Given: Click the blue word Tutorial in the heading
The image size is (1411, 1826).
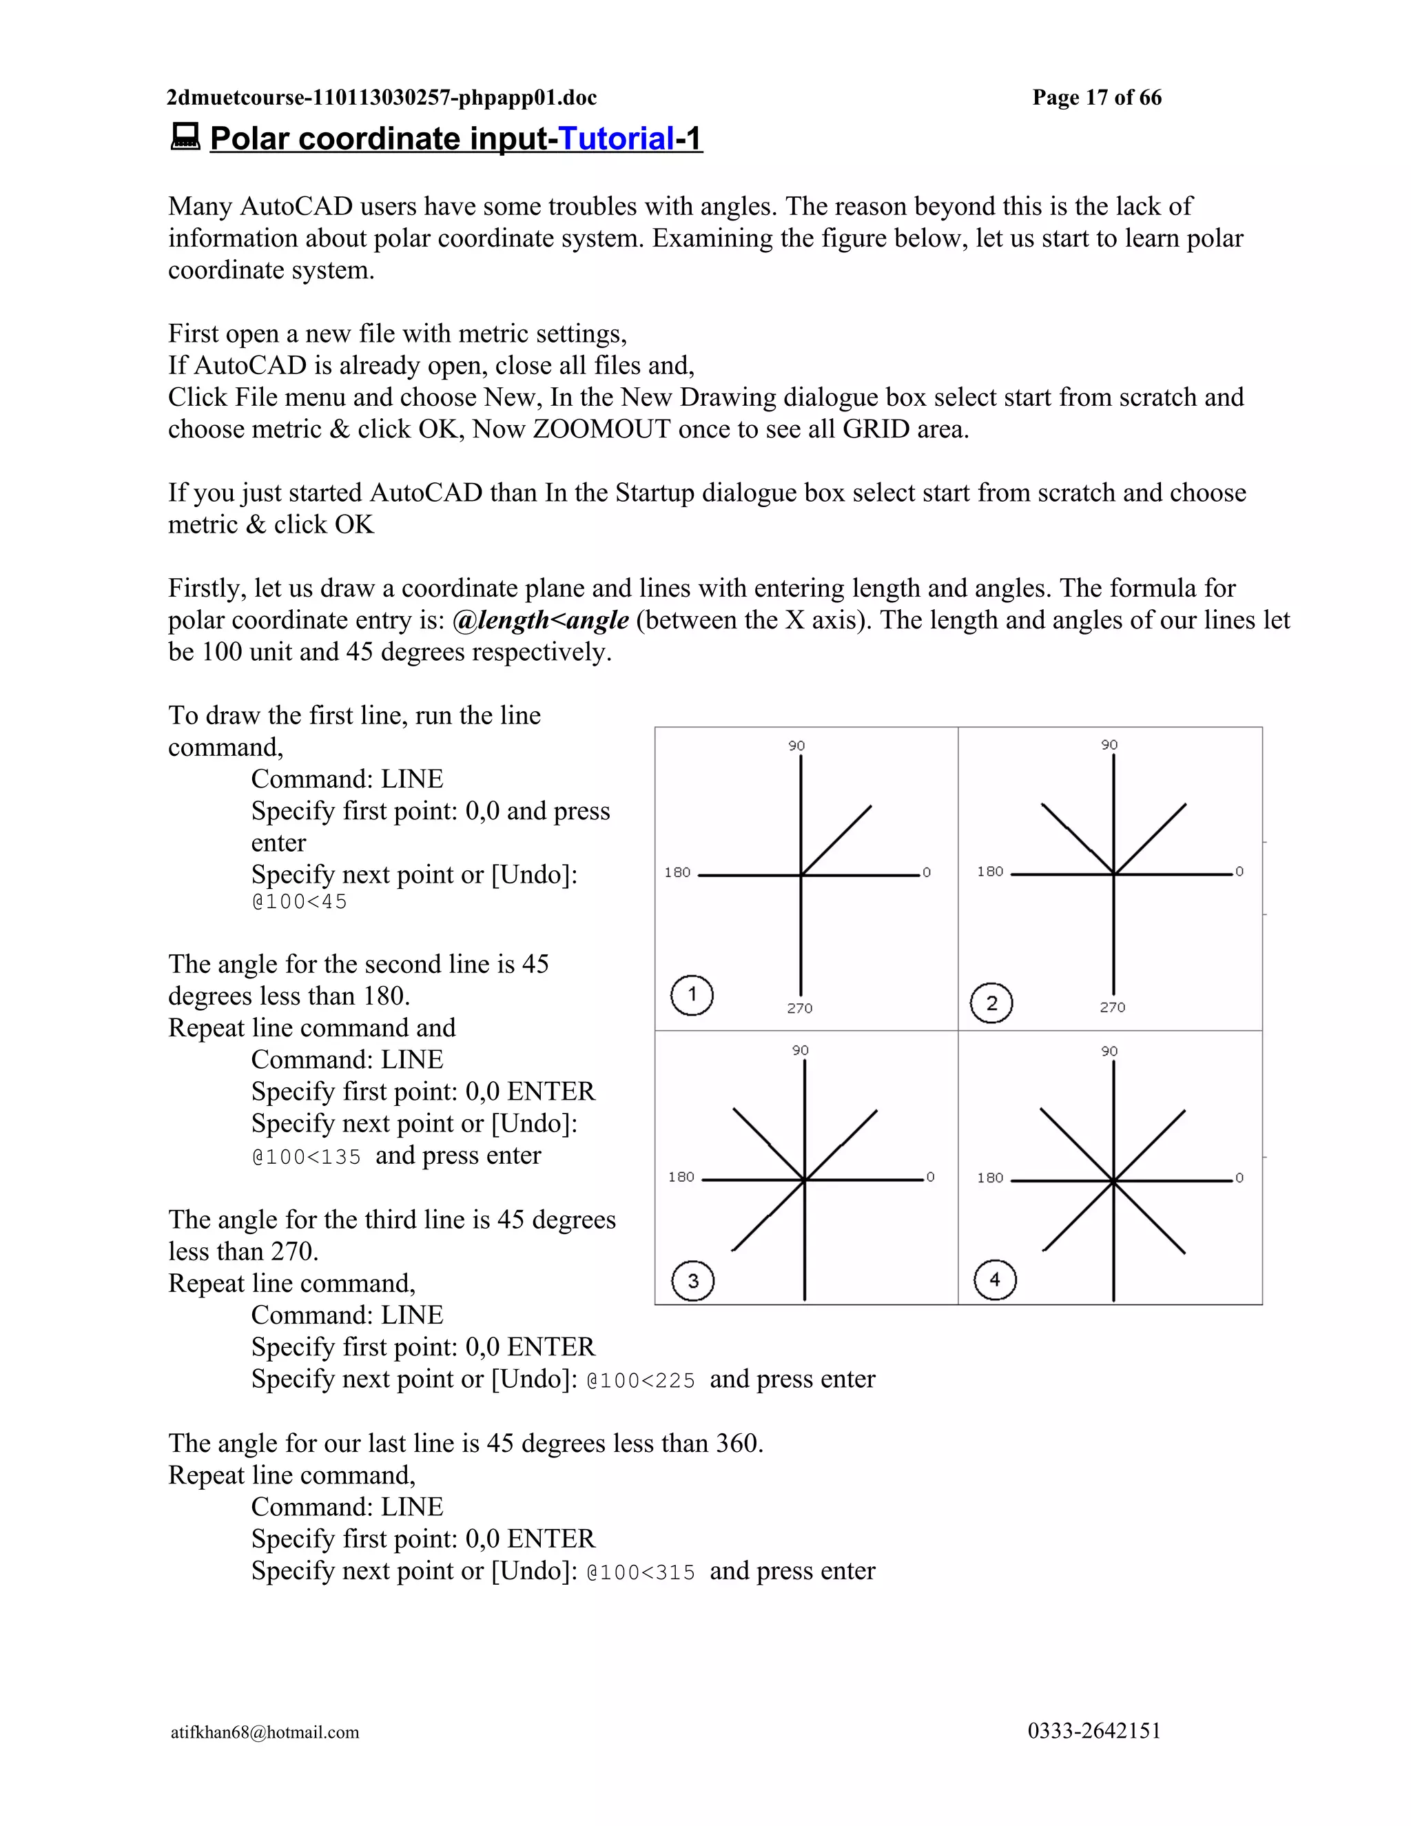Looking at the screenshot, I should click(x=616, y=139).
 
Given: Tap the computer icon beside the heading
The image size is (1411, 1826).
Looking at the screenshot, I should click(x=185, y=136).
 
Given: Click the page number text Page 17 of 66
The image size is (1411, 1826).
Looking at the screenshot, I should click(x=1097, y=98).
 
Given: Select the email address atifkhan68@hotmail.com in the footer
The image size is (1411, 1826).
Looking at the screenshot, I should click(x=265, y=1732).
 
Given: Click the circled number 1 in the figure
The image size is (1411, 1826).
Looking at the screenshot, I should click(x=691, y=995).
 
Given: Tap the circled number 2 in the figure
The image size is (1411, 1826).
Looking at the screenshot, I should click(x=991, y=1003).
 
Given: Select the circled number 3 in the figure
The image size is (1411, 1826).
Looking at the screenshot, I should click(x=693, y=1281).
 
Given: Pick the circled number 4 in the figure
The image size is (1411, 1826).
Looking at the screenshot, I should click(x=995, y=1279).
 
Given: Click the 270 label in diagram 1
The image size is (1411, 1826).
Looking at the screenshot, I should click(x=799, y=1008).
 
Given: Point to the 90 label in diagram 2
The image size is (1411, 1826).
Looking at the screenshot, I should click(x=1109, y=745).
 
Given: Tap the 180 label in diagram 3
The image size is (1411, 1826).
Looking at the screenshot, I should click(x=681, y=1177).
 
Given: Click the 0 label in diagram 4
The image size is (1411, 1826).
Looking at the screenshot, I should click(x=1239, y=1178).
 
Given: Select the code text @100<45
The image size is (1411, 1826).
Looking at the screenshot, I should click(x=299, y=902).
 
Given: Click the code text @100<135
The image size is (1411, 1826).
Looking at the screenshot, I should click(x=307, y=1157).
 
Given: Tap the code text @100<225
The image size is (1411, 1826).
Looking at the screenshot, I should click(x=641, y=1380).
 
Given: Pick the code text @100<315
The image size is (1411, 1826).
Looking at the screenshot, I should click(x=641, y=1572).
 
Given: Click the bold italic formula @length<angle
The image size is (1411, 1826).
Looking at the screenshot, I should click(x=540, y=620).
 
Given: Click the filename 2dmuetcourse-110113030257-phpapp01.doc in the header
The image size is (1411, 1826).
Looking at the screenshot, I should click(x=382, y=98).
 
